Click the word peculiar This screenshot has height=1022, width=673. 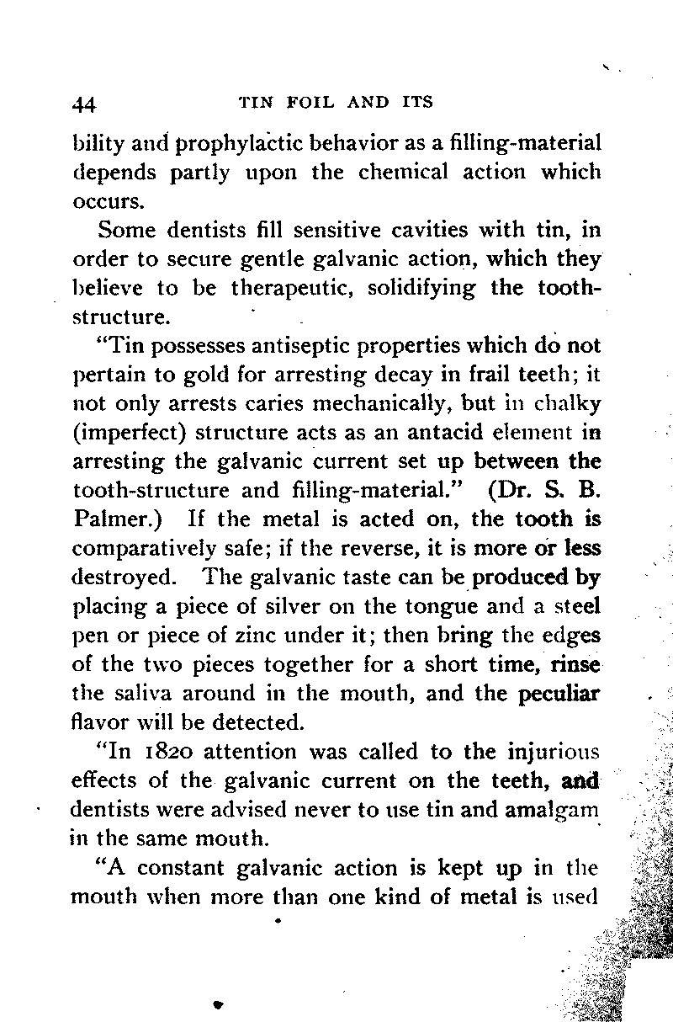pyautogui.click(x=561, y=693)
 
